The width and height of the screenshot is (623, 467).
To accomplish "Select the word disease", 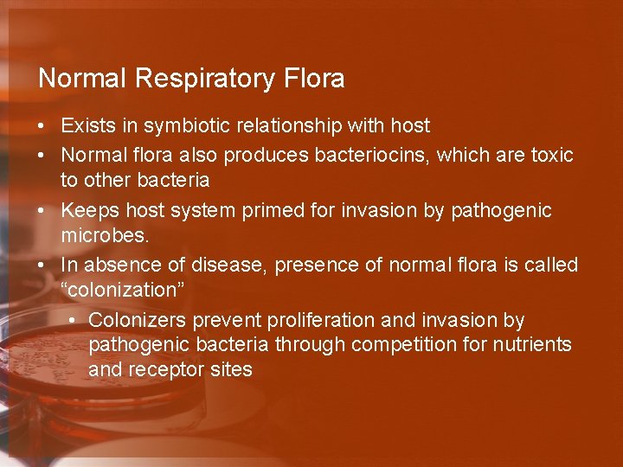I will tap(217, 265).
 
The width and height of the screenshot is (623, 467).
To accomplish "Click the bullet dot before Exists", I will tap(42, 126).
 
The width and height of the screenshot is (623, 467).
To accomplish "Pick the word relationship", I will tap(288, 126).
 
